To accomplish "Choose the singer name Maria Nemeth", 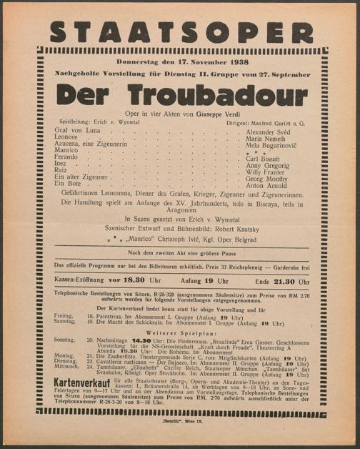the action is point(266,139).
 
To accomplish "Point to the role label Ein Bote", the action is point(69,184).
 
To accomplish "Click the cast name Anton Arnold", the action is point(266,184).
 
